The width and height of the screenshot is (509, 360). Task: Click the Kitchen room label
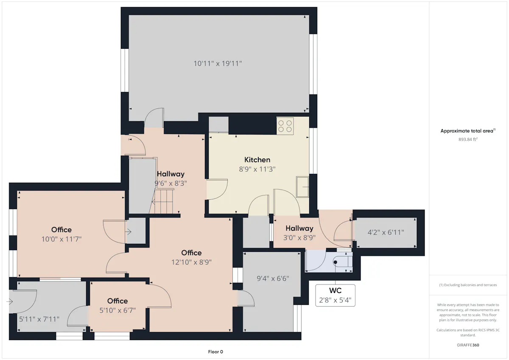tap(257, 160)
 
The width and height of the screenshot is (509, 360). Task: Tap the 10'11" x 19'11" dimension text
tap(218, 63)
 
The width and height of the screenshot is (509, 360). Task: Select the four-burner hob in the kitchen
tap(285, 126)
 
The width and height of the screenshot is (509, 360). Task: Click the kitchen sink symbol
tap(302, 187)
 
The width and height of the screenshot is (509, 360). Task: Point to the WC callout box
tap(335, 295)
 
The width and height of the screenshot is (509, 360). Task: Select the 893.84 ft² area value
tap(468, 139)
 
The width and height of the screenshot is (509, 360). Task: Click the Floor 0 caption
tap(215, 352)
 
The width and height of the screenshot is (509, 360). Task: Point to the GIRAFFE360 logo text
tap(468, 345)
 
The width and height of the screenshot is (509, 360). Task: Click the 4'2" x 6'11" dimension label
tap(386, 232)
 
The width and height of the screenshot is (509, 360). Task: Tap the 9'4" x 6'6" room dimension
tap(273, 279)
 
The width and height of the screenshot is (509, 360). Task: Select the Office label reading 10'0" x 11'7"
tap(62, 230)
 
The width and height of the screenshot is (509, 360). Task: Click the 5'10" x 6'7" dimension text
tap(117, 310)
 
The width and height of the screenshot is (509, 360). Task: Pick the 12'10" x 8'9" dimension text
tap(191, 262)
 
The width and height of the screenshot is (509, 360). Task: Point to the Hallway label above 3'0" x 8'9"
tap(299, 228)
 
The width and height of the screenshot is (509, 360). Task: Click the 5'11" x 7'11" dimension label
tap(39, 319)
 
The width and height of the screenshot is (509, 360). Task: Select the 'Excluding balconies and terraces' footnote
tap(468, 285)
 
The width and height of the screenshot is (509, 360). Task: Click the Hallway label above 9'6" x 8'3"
tap(171, 174)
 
